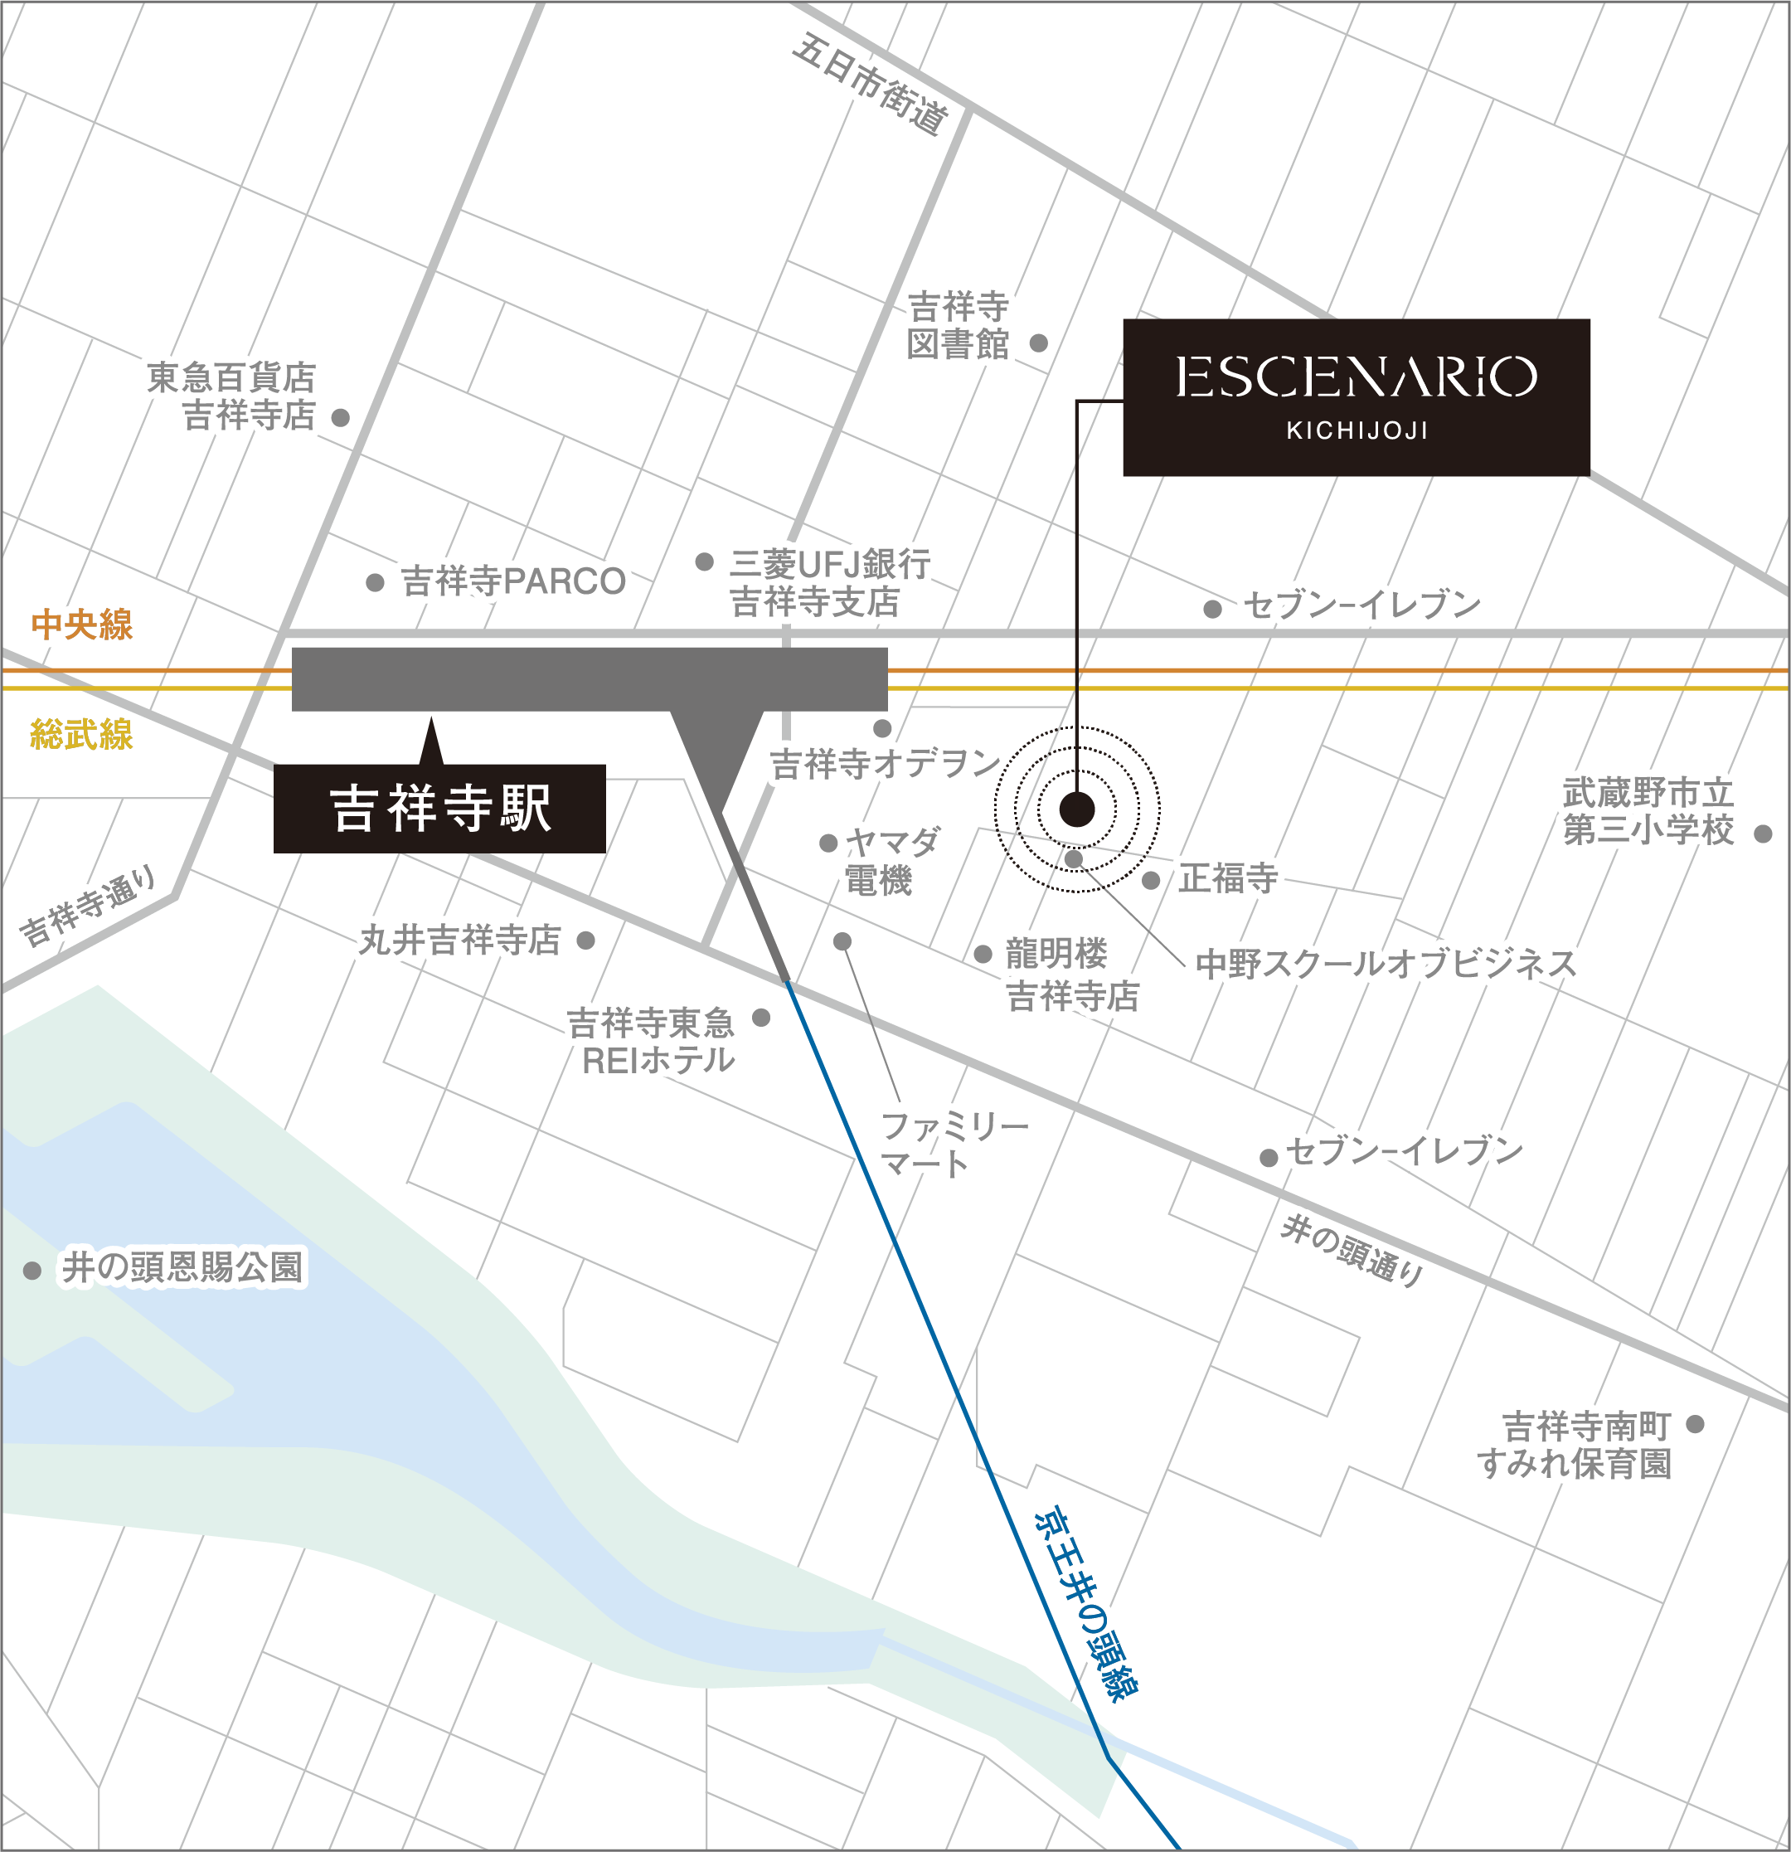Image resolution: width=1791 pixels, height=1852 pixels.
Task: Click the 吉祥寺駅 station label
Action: click(x=440, y=808)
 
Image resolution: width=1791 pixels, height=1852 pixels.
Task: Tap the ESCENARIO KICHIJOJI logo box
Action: click(x=1356, y=396)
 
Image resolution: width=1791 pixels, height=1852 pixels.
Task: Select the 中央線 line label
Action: click(x=81, y=625)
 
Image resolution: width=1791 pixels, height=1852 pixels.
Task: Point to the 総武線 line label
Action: click(x=81, y=734)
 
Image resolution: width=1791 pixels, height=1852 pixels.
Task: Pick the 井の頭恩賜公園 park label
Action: click(x=182, y=1268)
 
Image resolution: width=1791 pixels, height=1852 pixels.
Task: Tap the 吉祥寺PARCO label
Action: click(x=513, y=581)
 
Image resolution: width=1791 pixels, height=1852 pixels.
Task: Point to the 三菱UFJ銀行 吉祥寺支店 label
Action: click(x=828, y=582)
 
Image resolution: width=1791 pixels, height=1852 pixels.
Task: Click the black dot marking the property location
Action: click(x=1077, y=809)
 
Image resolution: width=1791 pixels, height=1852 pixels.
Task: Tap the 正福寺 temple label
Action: click(x=1228, y=879)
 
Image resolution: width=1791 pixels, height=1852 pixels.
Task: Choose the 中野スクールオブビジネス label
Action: click(x=1386, y=964)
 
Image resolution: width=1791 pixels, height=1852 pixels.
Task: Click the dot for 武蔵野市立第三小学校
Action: click(x=1763, y=834)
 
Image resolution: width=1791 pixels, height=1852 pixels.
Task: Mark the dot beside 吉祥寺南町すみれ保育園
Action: click(x=1695, y=1424)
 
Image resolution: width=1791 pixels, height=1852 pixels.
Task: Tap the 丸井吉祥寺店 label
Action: click(x=460, y=941)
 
